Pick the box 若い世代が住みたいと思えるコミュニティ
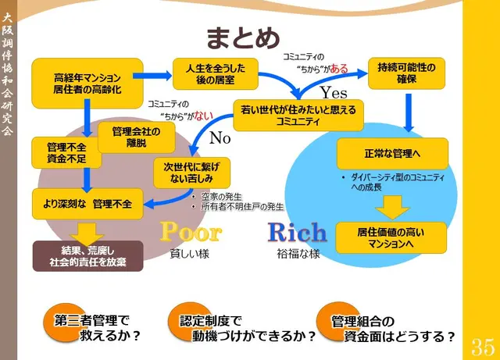tap(299, 115)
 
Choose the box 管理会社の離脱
tap(135, 137)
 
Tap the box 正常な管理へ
tap(392, 154)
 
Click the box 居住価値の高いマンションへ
tap(391, 237)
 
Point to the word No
tap(221, 139)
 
